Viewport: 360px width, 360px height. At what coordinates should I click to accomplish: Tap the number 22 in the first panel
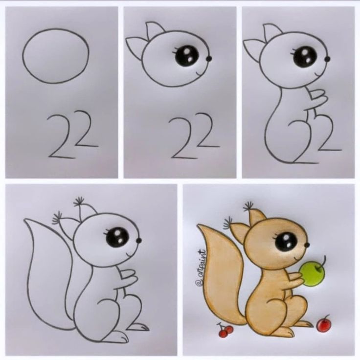(x=73, y=135)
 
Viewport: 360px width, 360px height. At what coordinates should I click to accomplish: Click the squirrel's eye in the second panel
(x=186, y=56)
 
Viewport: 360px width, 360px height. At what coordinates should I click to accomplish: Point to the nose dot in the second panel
(x=209, y=59)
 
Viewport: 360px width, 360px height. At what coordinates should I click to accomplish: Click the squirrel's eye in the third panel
(x=304, y=57)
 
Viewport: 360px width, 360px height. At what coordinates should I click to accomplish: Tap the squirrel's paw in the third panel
(x=319, y=98)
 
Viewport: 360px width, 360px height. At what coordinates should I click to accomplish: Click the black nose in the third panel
(x=327, y=59)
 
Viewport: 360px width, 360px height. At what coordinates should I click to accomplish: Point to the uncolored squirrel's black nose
(x=138, y=241)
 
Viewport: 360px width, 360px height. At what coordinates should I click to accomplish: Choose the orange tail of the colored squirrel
(x=220, y=274)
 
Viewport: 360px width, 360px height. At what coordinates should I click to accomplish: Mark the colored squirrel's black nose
(x=307, y=245)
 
